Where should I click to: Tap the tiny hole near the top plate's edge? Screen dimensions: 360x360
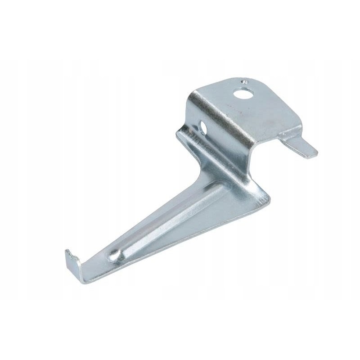pyautogui.click(x=243, y=82)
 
